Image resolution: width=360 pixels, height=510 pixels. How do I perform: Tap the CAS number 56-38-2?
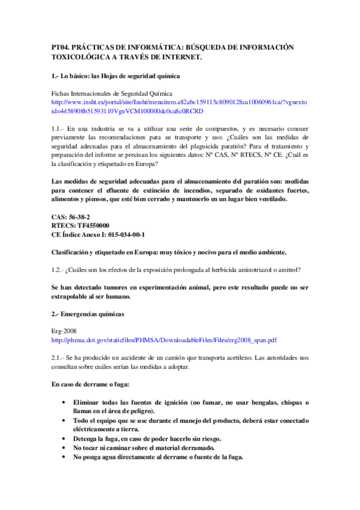79,217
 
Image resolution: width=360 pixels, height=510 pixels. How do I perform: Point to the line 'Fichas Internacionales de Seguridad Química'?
112,94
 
